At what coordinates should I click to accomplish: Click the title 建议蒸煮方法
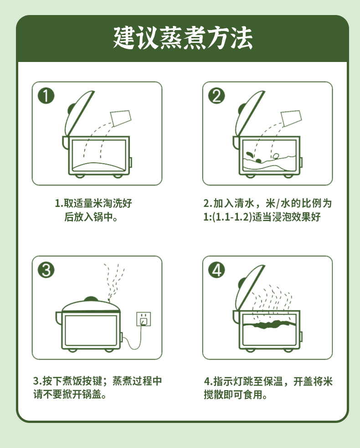pyautogui.click(x=183, y=38)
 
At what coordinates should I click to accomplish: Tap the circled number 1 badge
pyautogui.click(x=46, y=96)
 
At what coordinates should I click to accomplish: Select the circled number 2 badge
pyautogui.click(x=216, y=96)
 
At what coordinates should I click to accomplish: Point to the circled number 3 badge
pyautogui.click(x=46, y=270)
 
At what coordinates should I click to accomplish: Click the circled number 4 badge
pyautogui.click(x=216, y=270)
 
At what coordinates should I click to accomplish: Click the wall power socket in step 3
pyautogui.click(x=144, y=319)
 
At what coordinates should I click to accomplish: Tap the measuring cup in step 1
pyautogui.click(x=121, y=118)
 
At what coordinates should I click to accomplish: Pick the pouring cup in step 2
pyautogui.click(x=291, y=118)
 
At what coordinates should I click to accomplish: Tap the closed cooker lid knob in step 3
pyautogui.click(x=91, y=299)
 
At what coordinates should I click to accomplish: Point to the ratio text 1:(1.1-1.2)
pyautogui.click(x=227, y=217)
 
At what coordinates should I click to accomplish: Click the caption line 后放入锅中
pyautogui.click(x=91, y=217)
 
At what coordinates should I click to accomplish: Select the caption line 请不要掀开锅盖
pyautogui.click(x=70, y=395)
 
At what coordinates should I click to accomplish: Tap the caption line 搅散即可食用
pyautogui.click(x=236, y=395)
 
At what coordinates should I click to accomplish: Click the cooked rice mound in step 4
pyautogui.click(x=269, y=324)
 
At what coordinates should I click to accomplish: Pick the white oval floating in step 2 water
pyautogui.click(x=276, y=156)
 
